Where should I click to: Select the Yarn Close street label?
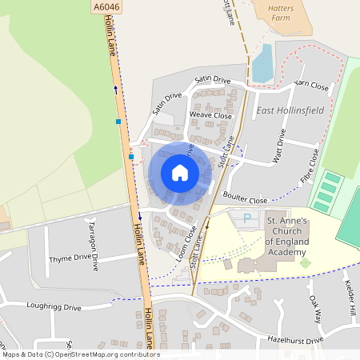(311, 84)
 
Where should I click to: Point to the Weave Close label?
(210, 115)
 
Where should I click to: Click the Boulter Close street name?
(245, 200)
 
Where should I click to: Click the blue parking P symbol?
(246, 218)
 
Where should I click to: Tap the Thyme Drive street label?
(70, 258)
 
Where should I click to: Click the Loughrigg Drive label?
(54, 306)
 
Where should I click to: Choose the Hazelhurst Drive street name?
(295, 340)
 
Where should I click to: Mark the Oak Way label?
(315, 310)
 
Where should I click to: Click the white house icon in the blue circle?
(179, 172)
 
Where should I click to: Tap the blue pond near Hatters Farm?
(262, 63)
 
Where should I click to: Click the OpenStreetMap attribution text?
(80, 354)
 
